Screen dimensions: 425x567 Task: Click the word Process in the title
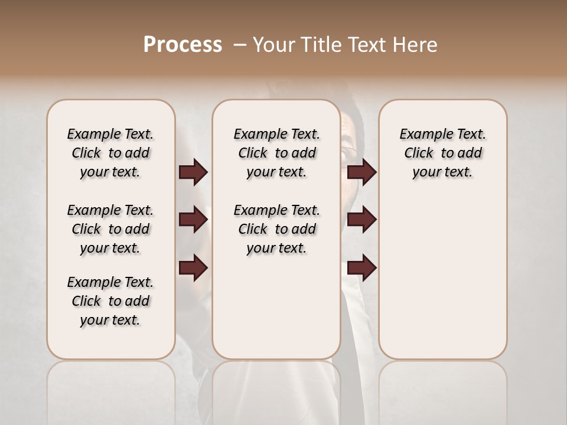[x=183, y=45]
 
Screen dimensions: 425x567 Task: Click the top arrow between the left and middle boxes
[x=193, y=172]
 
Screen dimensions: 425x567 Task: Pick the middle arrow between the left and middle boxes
[x=193, y=220]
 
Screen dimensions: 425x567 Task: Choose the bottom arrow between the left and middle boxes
[x=193, y=268]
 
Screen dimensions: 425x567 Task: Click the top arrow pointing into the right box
[x=361, y=172]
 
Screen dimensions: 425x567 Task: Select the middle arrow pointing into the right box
[x=361, y=220]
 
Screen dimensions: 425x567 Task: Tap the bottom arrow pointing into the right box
[x=361, y=268]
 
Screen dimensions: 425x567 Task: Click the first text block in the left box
[x=110, y=153]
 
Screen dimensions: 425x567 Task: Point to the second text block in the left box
[x=110, y=229]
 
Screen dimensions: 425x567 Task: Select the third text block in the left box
[x=110, y=301]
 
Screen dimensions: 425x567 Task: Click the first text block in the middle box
[x=276, y=153]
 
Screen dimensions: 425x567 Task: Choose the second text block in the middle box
[x=276, y=229]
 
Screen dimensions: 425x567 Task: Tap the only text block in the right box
[x=442, y=153]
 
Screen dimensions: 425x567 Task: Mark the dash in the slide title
[x=239, y=45]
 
